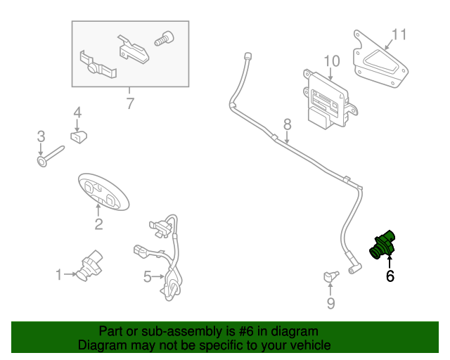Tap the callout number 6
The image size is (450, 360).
[390, 276]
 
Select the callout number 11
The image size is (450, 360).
[399, 34]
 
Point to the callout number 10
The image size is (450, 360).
[332, 60]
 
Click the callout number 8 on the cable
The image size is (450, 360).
[287, 124]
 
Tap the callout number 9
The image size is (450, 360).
[330, 303]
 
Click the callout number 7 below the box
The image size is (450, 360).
[129, 105]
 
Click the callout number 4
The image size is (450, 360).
[77, 112]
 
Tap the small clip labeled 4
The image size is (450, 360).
[78, 135]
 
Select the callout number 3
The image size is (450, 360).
[41, 136]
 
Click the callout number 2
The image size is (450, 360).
[98, 224]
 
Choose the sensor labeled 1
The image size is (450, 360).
[89, 265]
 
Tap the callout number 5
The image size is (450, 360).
[148, 277]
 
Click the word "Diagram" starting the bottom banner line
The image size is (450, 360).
[103, 345]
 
